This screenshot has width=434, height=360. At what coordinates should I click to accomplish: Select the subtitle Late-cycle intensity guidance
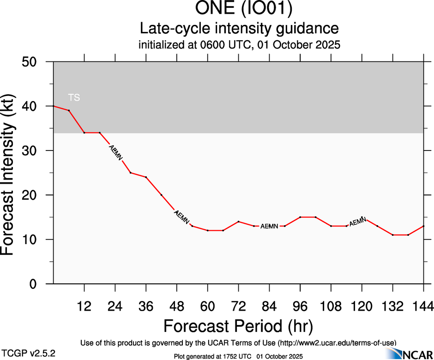[239, 29]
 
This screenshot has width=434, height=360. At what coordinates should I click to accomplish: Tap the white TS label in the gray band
[74, 97]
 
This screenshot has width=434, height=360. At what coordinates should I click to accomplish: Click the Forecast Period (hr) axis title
[238, 326]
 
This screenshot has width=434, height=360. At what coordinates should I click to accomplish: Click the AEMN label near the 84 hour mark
[269, 226]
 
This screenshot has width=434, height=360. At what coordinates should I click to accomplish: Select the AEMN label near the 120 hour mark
[358, 222]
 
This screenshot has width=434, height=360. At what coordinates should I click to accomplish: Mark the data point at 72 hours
[238, 222]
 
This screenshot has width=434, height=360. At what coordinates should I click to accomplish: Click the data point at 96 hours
[300, 217]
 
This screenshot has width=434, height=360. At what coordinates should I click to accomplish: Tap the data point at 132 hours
[392, 235]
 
